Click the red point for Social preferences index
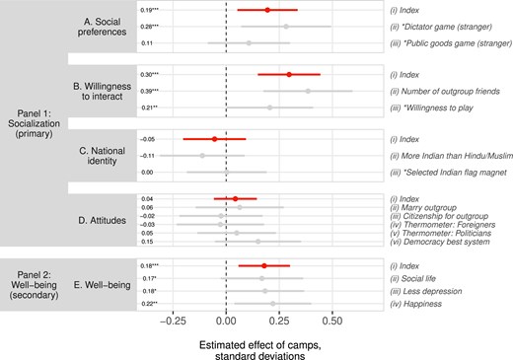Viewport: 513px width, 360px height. click(266, 10)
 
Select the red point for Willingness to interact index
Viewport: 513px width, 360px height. click(289, 74)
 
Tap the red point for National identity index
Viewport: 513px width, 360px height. click(215, 139)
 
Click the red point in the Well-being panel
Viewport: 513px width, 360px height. click(264, 265)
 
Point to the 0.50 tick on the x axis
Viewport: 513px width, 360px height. click(331, 321)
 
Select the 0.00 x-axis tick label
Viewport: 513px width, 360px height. click(226, 321)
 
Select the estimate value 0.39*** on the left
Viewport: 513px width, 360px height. click(150, 91)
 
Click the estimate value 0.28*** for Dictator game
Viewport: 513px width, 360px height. click(150, 27)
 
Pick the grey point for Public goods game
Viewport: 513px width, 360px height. click(249, 43)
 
